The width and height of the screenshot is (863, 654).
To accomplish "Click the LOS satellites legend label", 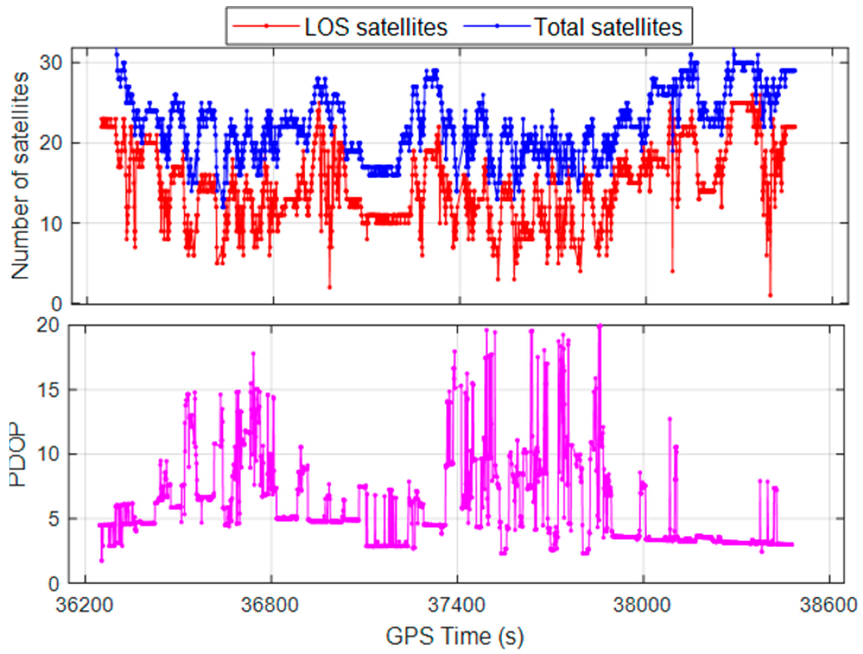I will tap(375, 27).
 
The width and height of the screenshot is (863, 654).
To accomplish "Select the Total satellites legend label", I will tap(608, 27).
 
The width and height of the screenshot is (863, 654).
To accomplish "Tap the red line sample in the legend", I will tap(265, 27).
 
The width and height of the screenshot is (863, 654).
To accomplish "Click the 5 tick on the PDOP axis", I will tap(53, 519).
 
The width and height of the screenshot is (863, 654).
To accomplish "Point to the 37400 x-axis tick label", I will tap(457, 606).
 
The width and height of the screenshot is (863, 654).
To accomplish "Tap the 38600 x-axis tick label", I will tap(829, 606).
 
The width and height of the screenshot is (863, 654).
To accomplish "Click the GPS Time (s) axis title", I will tap(455, 636).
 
